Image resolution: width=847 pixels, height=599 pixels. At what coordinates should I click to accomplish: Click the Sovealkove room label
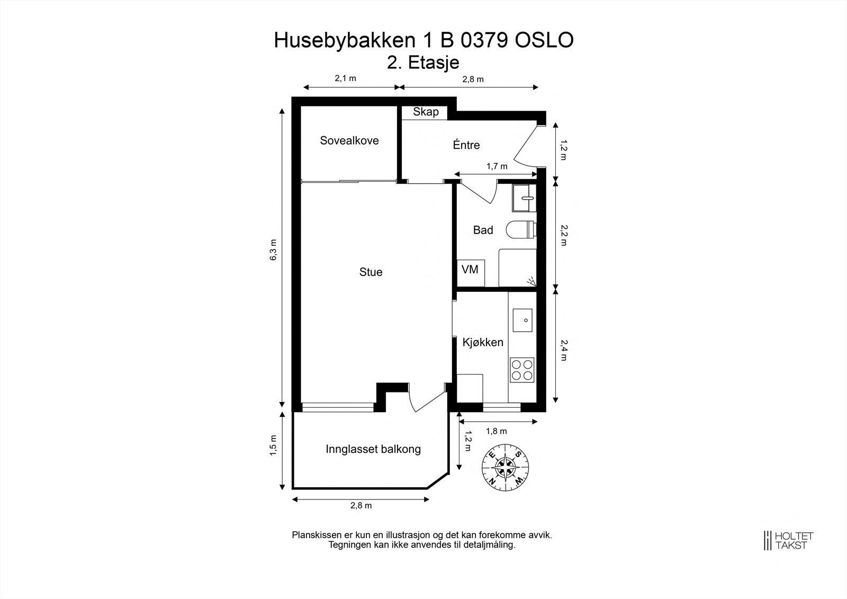(349, 141)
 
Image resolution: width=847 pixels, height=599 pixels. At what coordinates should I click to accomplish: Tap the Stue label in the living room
(371, 272)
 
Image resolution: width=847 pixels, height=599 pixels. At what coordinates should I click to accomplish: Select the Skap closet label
(426, 112)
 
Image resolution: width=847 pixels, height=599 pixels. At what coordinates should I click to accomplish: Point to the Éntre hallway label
(466, 145)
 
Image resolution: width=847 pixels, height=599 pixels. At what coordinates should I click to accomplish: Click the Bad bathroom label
(483, 230)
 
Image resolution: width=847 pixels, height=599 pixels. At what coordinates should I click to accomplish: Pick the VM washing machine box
(470, 270)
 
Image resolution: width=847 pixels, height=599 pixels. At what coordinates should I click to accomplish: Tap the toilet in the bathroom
(521, 230)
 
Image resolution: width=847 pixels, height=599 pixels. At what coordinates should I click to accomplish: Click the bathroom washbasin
(524, 198)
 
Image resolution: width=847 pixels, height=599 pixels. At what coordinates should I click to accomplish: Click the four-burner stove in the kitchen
(522, 370)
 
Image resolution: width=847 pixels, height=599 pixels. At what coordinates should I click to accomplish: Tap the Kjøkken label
(483, 342)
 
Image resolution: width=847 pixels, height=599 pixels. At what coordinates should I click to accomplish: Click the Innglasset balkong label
(373, 450)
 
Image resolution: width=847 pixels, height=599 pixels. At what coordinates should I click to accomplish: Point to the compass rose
(506, 467)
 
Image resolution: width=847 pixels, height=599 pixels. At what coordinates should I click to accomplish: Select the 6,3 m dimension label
(273, 250)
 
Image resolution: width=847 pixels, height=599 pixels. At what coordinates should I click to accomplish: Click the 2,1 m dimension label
(345, 78)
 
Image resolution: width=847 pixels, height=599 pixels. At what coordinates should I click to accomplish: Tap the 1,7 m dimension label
(497, 166)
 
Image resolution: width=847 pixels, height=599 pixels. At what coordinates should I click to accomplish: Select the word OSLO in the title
(544, 41)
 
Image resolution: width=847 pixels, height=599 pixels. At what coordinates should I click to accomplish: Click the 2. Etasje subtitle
(423, 62)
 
